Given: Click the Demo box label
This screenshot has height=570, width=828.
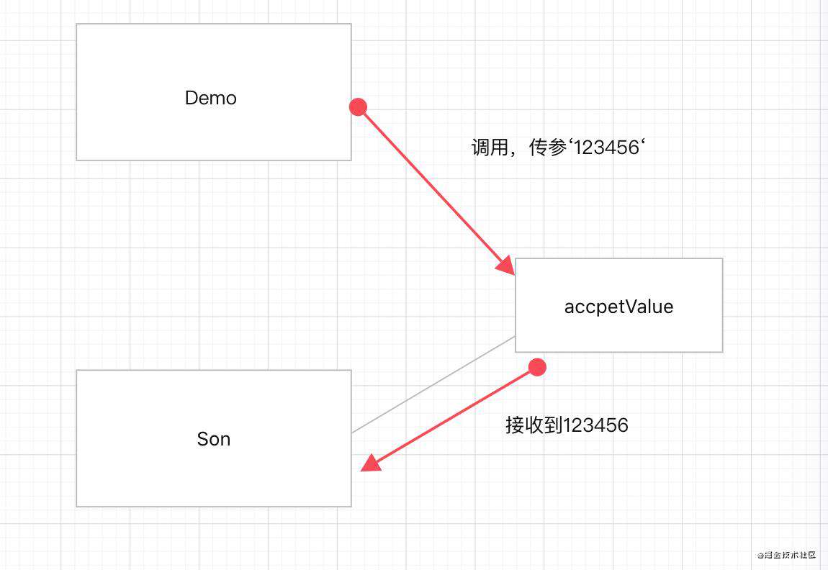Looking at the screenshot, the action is pyautogui.click(x=211, y=98).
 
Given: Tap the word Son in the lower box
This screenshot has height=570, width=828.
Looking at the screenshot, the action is pyautogui.click(x=214, y=439).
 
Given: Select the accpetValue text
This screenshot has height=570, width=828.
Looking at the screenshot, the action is pyautogui.click(x=619, y=307).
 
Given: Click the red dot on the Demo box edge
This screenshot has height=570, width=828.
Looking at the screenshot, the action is pyautogui.click(x=358, y=107).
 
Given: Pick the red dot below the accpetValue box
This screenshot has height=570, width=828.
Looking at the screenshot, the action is pyautogui.click(x=537, y=367).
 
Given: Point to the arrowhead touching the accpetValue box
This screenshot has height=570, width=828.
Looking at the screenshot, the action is pyautogui.click(x=506, y=266).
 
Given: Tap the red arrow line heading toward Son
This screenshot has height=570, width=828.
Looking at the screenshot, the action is pyautogui.click(x=449, y=417).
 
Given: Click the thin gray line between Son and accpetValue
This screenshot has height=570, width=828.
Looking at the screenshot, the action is pyautogui.click(x=433, y=385).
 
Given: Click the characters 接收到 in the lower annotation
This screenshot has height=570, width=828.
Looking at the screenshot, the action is pyautogui.click(x=534, y=425).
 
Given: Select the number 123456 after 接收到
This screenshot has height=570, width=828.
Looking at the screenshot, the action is pyautogui.click(x=596, y=425).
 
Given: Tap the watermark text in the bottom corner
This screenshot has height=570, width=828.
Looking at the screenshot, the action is pyautogui.click(x=786, y=555).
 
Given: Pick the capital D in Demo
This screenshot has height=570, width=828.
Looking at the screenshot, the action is pyautogui.click(x=191, y=98).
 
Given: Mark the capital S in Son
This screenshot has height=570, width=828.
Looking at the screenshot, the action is pyautogui.click(x=203, y=439).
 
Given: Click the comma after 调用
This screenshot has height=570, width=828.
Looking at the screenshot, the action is pyautogui.click(x=513, y=154).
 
